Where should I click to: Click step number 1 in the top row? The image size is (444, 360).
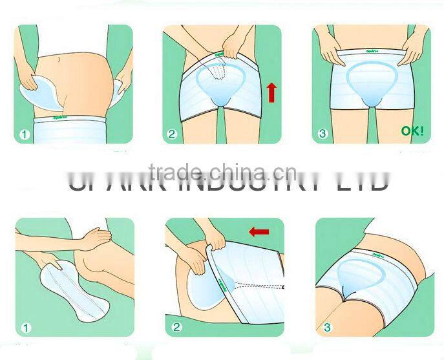pyautogui.click(x=24, y=135)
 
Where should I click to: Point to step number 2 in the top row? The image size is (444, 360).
pyautogui.click(x=172, y=135)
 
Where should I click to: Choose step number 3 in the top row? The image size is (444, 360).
pyautogui.click(x=322, y=135)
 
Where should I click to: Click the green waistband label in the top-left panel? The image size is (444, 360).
pyautogui.click(x=63, y=119)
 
